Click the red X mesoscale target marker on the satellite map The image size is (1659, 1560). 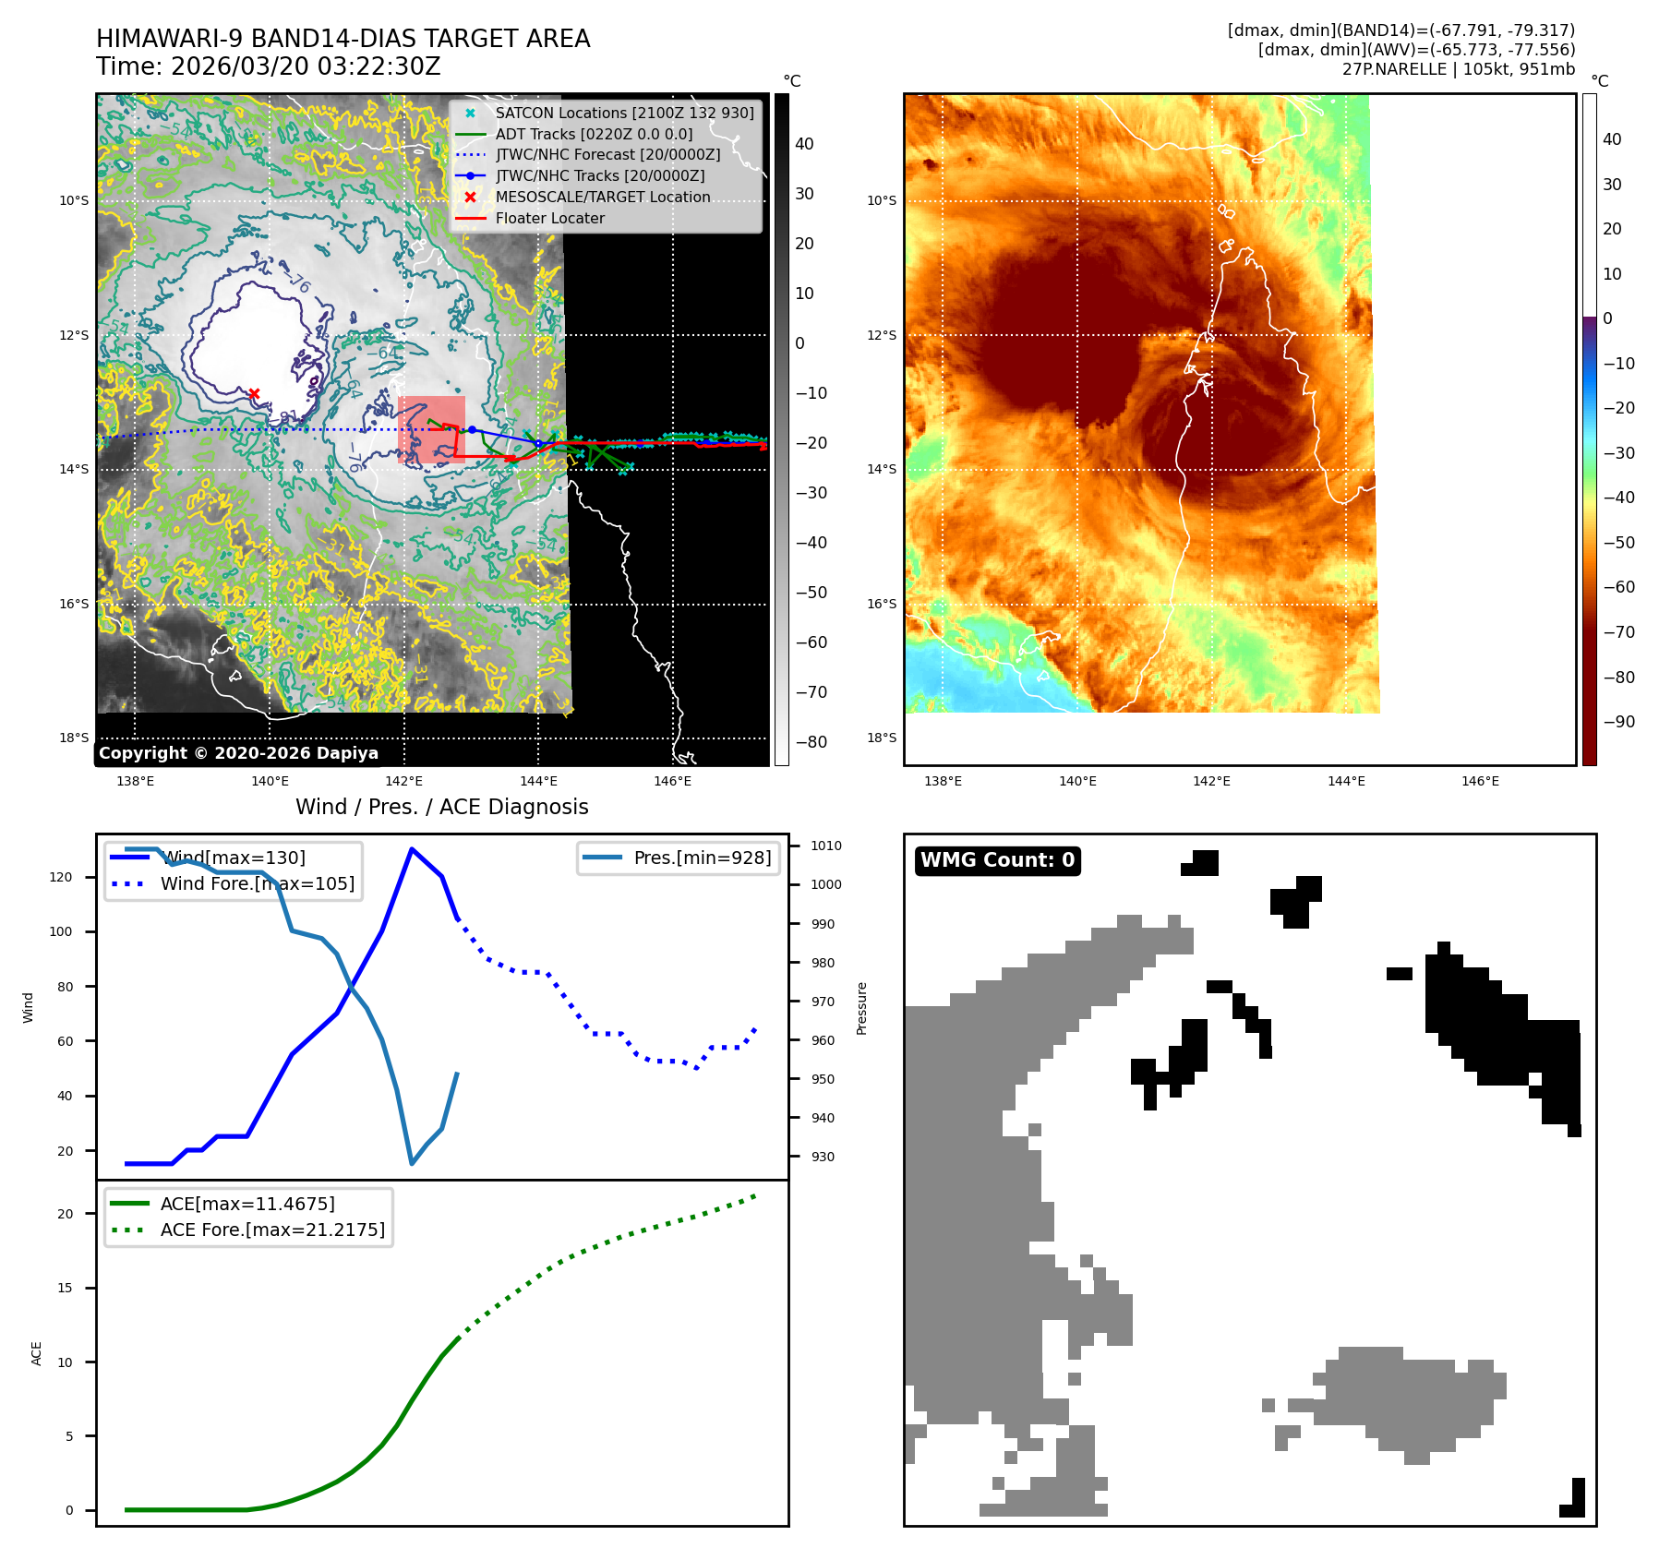pyautogui.click(x=254, y=394)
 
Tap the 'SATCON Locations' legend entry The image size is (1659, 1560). pyautogui.click(x=624, y=113)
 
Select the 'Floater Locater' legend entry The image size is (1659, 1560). pyautogui.click(x=549, y=219)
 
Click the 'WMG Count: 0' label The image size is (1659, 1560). pyautogui.click(x=997, y=860)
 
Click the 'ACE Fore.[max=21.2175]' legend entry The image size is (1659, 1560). pyautogui.click(x=272, y=1230)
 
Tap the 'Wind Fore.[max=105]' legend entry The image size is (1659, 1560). pyautogui.click(x=257, y=883)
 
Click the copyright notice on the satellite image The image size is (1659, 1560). pyautogui.click(x=238, y=753)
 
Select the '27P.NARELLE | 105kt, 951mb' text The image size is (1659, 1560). pyautogui.click(x=1458, y=69)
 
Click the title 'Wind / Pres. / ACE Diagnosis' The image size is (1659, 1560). pyautogui.click(x=441, y=807)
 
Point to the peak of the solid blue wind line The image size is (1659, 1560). pyautogui.click(x=411, y=849)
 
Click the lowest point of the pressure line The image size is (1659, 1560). pyautogui.click(x=412, y=1163)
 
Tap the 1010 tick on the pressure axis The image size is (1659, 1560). pyautogui.click(x=825, y=846)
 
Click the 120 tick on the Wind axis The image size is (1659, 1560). pyautogui.click(x=61, y=877)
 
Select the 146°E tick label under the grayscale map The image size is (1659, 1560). pyautogui.click(x=672, y=781)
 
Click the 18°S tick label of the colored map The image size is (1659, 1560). pyautogui.click(x=882, y=738)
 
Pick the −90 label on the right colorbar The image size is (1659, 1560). pyautogui.click(x=1618, y=722)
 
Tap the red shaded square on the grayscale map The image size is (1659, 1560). pyautogui.click(x=431, y=429)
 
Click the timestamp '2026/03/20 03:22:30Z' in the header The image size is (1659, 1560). pyautogui.click(x=306, y=67)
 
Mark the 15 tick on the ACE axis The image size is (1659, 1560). pyautogui.click(x=65, y=1288)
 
